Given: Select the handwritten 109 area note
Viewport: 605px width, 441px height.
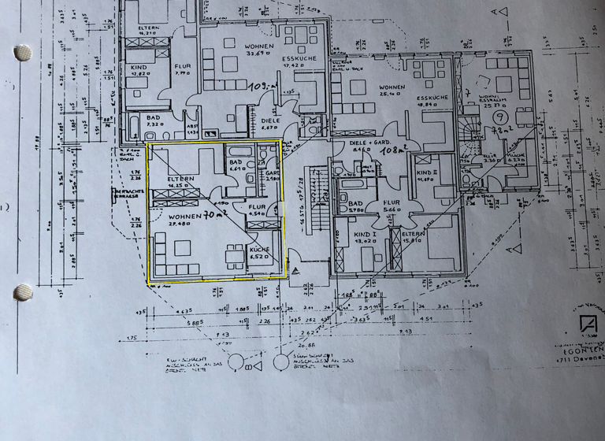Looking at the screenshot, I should pyautogui.click(x=260, y=87).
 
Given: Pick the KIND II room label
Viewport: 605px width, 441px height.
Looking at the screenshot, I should pyautogui.click(x=425, y=173).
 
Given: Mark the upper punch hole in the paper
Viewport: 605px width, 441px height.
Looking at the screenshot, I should pyautogui.click(x=23, y=53).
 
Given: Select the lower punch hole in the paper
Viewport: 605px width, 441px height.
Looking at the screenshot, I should pyautogui.click(x=23, y=292).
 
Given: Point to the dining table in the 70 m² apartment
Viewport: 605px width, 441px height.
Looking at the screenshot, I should pyautogui.click(x=234, y=255).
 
